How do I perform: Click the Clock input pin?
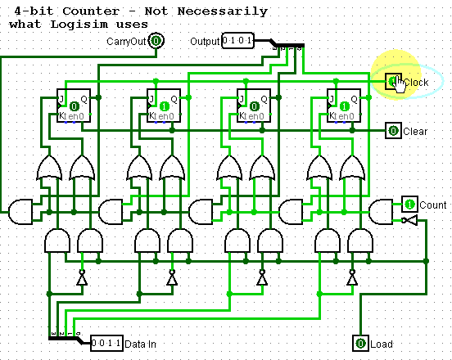click(x=394, y=81)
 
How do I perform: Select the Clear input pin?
click(x=394, y=131)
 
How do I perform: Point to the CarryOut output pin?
click(x=156, y=41)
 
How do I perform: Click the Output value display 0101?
click(x=238, y=41)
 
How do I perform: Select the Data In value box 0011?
click(x=106, y=344)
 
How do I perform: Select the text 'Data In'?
click(x=141, y=344)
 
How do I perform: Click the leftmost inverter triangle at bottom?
click(x=81, y=279)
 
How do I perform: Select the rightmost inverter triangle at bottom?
click(x=351, y=279)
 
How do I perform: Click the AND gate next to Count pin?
click(x=381, y=212)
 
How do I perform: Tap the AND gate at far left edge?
click(x=20, y=212)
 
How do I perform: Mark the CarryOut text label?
click(x=127, y=41)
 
